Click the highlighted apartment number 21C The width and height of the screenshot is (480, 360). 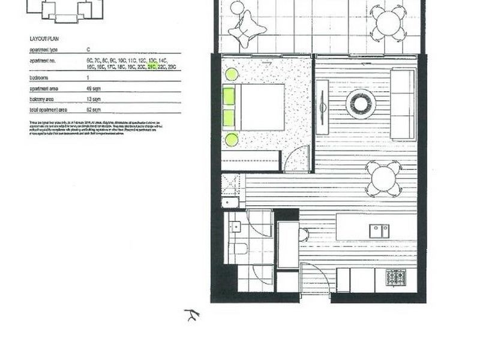tap(152, 67)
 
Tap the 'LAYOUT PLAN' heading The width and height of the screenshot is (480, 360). tap(44, 38)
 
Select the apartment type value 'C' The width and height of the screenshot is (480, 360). tap(88, 50)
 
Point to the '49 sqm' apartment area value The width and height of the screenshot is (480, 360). tap(94, 88)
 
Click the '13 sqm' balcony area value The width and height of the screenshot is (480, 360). tap(94, 99)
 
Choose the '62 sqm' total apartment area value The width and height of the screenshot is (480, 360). tap(94, 110)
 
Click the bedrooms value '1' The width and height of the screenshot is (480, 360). tap(88, 78)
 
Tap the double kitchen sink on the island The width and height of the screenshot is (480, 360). tap(379, 230)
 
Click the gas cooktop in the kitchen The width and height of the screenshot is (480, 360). tap(396, 278)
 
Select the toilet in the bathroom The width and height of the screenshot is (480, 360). tap(239, 248)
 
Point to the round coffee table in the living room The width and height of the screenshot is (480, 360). tap(361, 104)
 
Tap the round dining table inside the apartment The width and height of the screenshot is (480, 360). tap(384, 179)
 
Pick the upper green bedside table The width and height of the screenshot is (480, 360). tap(232, 74)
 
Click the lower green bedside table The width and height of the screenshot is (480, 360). tap(232, 140)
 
